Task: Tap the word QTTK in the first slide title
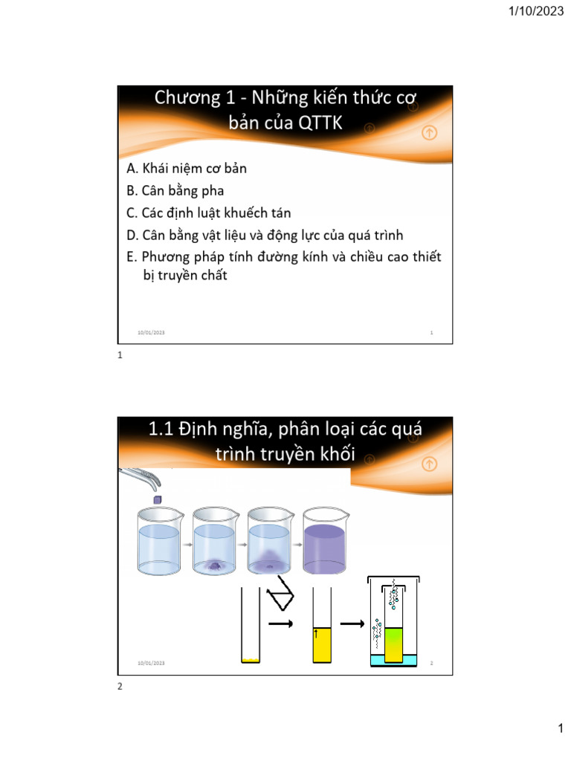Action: pyautogui.click(x=320, y=123)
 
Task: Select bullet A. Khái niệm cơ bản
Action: pyautogui.click(x=187, y=169)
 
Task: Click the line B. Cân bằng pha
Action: pyautogui.click(x=175, y=191)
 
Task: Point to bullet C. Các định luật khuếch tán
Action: pyautogui.click(x=209, y=213)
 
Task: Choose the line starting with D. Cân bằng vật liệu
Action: pyautogui.click(x=265, y=236)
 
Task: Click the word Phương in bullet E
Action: pyautogui.click(x=168, y=257)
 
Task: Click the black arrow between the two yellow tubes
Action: pyautogui.click(x=281, y=625)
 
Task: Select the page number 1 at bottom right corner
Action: pyautogui.click(x=561, y=730)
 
